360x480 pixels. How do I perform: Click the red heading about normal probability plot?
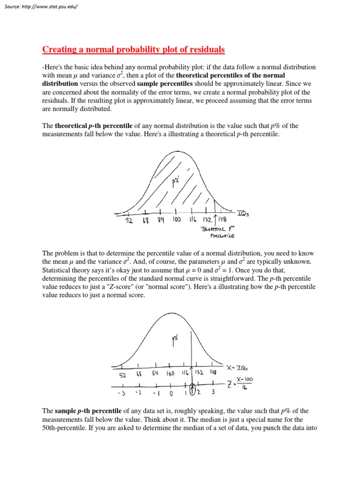coord(134,49)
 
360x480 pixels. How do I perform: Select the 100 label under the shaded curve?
coord(177,219)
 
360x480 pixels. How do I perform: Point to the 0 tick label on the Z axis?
coord(172,393)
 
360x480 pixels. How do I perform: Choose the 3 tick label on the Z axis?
coord(213,392)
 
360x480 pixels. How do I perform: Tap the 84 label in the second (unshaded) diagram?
coord(155,374)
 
